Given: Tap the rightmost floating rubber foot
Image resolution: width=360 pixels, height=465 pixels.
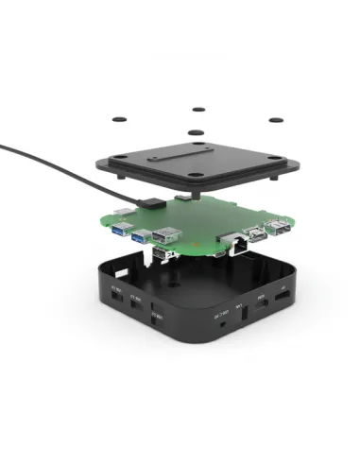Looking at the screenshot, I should (277, 121).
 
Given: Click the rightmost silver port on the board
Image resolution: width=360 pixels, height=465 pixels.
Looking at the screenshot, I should (279, 227).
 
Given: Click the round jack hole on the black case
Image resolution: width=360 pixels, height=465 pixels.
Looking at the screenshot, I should (221, 320).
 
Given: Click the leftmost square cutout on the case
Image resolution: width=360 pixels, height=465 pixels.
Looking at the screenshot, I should (118, 294).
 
